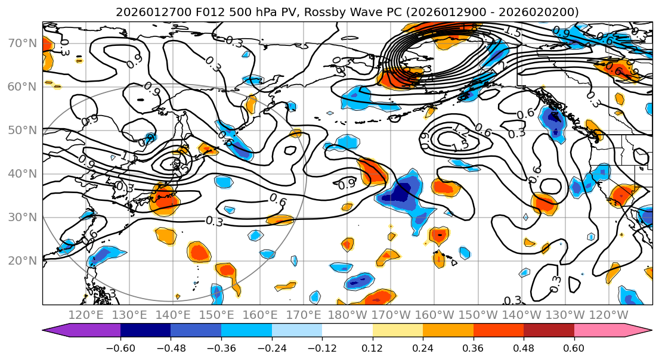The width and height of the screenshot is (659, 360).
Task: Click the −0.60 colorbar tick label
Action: [x=120, y=347]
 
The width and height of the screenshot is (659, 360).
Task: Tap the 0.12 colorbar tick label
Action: [x=372, y=347]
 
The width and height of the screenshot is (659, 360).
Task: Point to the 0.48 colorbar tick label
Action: [x=524, y=347]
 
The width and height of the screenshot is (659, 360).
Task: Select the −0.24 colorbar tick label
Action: [x=271, y=347]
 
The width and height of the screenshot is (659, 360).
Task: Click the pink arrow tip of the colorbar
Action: [x=644, y=331]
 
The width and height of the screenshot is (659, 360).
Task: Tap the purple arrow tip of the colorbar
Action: [x=50, y=331]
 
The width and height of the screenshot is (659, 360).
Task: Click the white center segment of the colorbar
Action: [x=347, y=331]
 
